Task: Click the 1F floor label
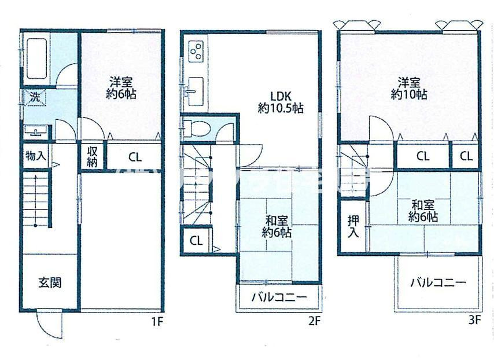click(x=157, y=320)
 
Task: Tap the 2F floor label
click(x=314, y=320)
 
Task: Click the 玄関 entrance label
click(x=50, y=283)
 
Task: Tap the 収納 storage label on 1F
click(x=93, y=156)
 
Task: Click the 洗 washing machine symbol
click(x=35, y=97)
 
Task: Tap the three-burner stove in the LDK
click(x=196, y=51)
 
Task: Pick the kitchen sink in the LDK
click(x=196, y=91)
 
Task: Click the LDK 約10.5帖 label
click(x=281, y=101)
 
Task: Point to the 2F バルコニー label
click(x=278, y=299)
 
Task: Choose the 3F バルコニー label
click(x=438, y=283)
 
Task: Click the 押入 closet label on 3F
click(x=353, y=226)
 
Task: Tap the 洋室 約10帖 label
click(x=408, y=89)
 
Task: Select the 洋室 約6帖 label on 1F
click(x=121, y=88)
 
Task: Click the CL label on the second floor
click(x=196, y=241)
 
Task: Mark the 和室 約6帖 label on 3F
click(x=423, y=211)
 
